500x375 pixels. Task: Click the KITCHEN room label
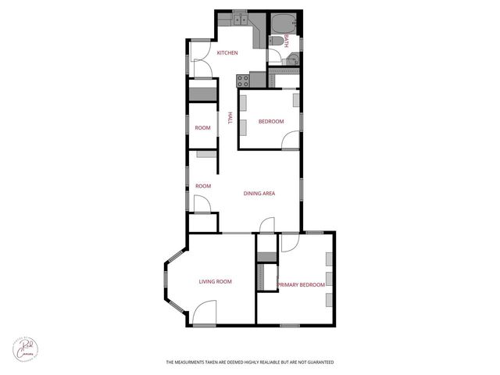(x=227, y=53)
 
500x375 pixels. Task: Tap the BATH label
(x=287, y=41)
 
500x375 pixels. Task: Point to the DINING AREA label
(x=259, y=193)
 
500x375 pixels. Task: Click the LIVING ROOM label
(x=215, y=281)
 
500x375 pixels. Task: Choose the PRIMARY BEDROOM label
(x=302, y=285)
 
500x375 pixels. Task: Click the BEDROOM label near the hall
(x=271, y=122)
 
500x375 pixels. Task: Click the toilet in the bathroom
(x=275, y=41)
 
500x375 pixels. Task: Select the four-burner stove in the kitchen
(x=242, y=78)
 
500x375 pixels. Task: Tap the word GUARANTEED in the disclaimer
(x=319, y=362)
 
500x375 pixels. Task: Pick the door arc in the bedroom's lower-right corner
(x=290, y=140)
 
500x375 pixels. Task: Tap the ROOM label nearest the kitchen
(x=203, y=127)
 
